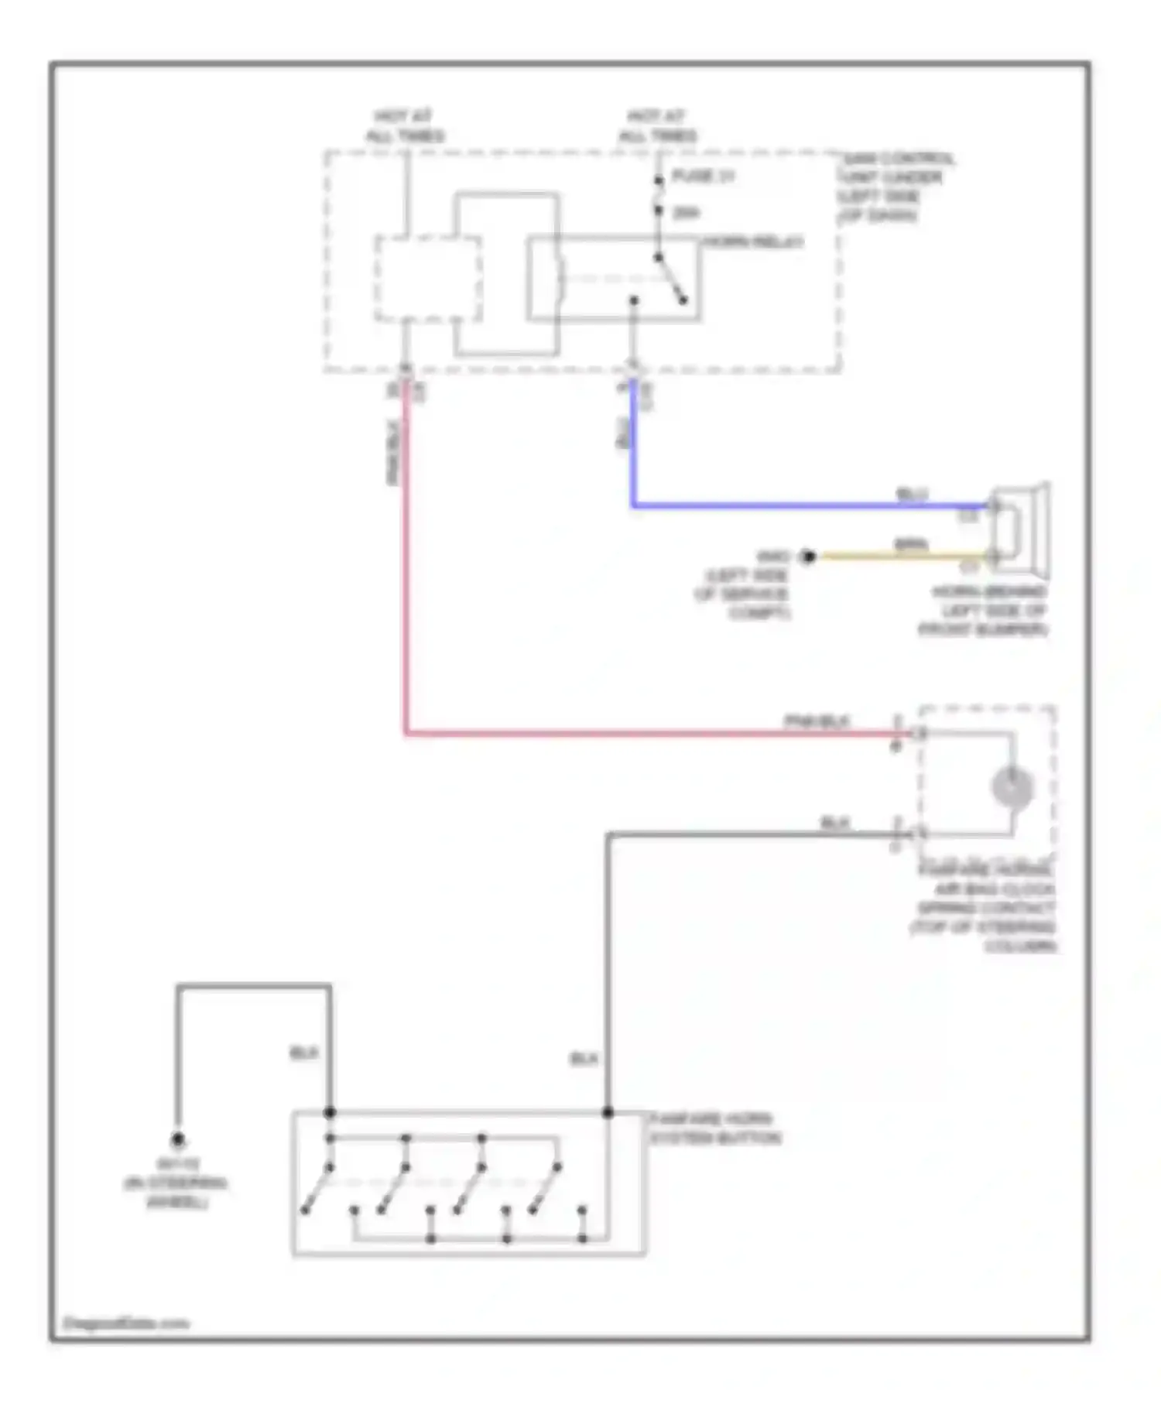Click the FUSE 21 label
click(703, 176)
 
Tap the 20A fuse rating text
click(686, 213)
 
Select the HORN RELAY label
click(752, 242)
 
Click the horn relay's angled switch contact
click(671, 279)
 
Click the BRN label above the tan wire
click(911, 545)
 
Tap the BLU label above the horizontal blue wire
click(912, 494)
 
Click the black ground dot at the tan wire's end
click(808, 556)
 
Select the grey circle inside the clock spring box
click(1012, 787)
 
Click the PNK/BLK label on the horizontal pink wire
click(817, 721)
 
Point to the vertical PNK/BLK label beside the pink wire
click(392, 453)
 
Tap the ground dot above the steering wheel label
click(178, 1139)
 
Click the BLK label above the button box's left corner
click(304, 1053)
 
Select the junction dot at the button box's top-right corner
click(608, 1112)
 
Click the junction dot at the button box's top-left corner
click(330, 1112)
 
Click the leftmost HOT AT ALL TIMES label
click(405, 126)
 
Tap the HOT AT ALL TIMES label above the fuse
click(657, 126)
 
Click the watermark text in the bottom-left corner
click(125, 1323)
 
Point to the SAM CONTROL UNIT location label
click(896, 187)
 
